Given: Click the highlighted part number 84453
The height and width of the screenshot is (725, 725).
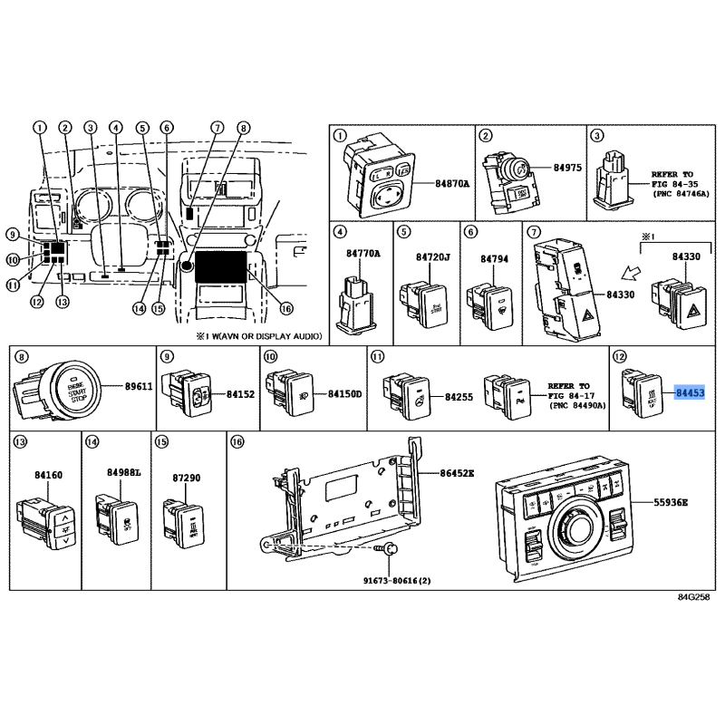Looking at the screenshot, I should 689,392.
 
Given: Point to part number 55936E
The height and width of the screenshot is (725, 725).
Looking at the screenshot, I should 672,502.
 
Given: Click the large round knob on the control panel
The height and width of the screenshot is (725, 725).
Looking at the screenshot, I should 576,527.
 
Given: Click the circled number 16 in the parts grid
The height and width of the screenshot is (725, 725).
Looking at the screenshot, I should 237,441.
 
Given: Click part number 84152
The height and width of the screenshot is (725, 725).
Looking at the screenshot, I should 240,395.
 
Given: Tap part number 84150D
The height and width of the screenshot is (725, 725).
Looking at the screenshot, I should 344,395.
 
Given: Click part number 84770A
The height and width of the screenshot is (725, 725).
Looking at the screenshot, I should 362,254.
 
